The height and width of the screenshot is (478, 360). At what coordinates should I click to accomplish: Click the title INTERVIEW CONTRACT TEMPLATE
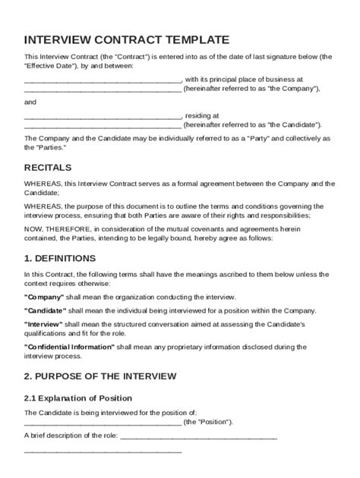pos(127,39)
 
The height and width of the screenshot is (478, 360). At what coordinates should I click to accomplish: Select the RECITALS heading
pos(48,167)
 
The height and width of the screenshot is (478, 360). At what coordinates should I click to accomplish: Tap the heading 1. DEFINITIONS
pos(60,258)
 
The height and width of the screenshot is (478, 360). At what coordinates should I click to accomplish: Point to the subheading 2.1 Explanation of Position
pos(78,398)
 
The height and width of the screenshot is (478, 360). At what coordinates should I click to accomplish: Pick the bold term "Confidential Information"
pos(69,347)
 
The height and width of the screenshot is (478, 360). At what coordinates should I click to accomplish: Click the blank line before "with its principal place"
pos(103,80)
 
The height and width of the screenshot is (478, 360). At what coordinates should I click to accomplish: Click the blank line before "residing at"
pos(103,116)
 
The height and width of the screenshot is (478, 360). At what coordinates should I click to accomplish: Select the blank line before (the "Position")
pos(103,423)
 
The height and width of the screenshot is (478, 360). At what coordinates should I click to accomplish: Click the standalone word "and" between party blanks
pos(30,102)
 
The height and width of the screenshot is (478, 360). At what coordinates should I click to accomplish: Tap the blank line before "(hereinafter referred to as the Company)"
pos(103,89)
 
